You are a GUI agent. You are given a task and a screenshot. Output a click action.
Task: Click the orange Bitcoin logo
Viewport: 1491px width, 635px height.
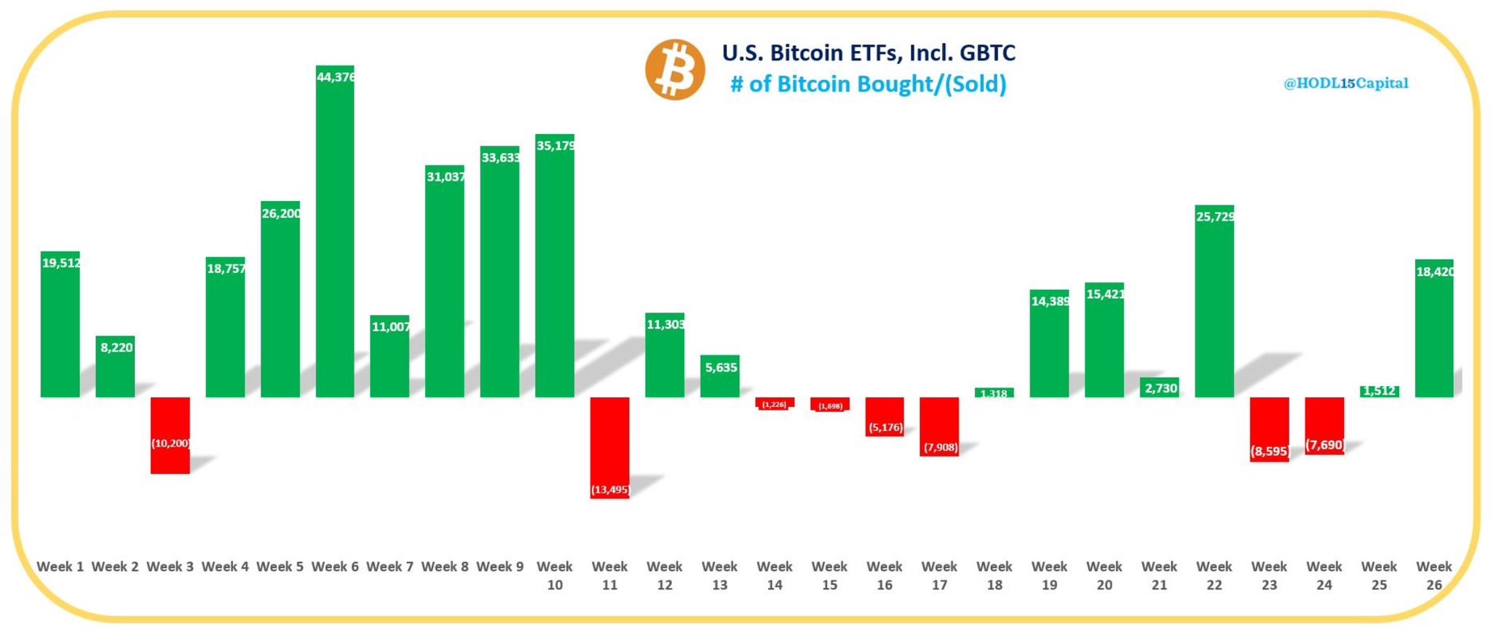point(675,70)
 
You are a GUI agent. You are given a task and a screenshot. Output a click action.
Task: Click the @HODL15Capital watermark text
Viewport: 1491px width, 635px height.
point(1345,83)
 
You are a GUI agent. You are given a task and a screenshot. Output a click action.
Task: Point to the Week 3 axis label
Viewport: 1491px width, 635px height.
point(170,567)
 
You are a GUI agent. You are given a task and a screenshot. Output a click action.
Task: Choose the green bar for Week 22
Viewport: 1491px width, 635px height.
point(1214,306)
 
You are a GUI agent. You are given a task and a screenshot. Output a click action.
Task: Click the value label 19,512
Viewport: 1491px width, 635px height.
point(61,263)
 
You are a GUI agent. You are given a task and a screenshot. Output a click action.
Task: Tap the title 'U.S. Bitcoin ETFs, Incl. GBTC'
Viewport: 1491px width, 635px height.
point(869,53)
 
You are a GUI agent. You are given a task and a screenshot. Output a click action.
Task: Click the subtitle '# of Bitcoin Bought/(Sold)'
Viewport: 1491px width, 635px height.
point(869,84)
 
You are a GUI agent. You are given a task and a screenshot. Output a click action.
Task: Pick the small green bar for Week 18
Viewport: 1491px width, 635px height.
point(994,393)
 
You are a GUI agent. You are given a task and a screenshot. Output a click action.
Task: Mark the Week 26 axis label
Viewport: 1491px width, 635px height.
point(1433,575)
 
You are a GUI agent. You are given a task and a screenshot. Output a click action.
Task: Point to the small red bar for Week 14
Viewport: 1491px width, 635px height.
point(774,403)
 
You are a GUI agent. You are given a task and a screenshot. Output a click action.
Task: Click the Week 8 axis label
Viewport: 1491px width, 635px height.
point(444,567)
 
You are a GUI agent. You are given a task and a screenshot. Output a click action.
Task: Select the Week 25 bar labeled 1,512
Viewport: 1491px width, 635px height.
point(1379,391)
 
